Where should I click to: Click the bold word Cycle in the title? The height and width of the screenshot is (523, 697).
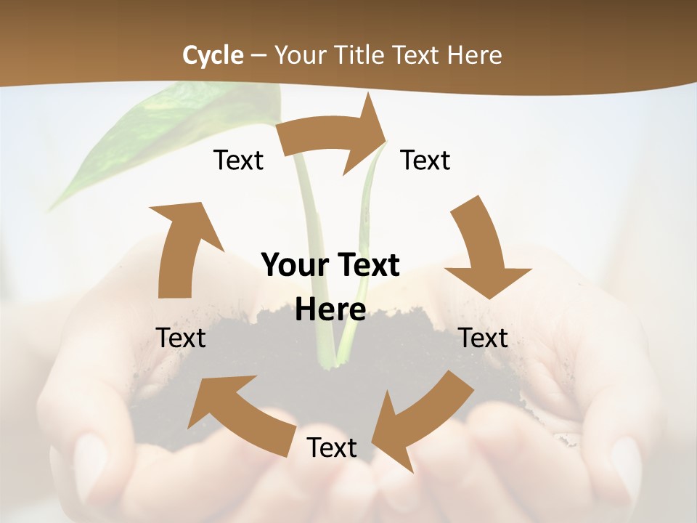213,54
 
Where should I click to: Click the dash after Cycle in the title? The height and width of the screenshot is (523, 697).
258,55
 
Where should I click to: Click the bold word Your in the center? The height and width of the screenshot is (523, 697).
290,265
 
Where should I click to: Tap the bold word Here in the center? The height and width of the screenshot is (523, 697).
330,309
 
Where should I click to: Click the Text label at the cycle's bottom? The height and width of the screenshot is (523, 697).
332,447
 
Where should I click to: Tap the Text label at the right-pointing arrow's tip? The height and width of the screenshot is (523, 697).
425,160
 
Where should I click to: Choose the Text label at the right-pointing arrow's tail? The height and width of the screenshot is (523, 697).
238,160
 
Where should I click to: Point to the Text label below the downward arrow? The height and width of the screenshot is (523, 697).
483,338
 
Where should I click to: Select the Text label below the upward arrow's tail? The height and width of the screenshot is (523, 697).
181,338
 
